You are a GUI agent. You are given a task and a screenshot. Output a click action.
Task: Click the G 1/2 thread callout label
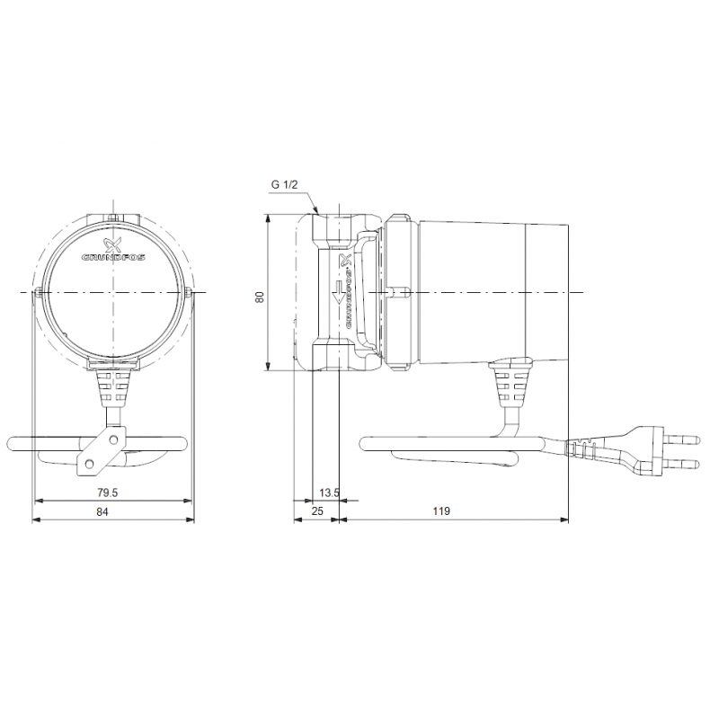pyautogui.click(x=284, y=185)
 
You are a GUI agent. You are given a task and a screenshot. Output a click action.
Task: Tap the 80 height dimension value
pyautogui.click(x=260, y=297)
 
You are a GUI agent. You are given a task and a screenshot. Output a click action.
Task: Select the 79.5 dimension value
pyautogui.click(x=107, y=493)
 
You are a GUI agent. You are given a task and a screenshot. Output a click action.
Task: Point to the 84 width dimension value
pyautogui.click(x=102, y=511)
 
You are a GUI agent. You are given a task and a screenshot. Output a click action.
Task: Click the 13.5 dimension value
pyautogui.click(x=329, y=493)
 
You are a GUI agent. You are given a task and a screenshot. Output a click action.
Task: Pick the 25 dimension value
pyautogui.click(x=317, y=510)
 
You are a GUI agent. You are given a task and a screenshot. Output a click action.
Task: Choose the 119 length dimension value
pyautogui.click(x=441, y=510)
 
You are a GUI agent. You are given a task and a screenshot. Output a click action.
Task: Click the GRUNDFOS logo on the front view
pyautogui.click(x=113, y=251)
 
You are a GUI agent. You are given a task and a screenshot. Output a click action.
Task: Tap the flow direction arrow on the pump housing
pyautogui.click(x=339, y=293)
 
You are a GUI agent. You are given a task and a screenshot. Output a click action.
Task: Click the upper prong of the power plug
pyautogui.click(x=681, y=440)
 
